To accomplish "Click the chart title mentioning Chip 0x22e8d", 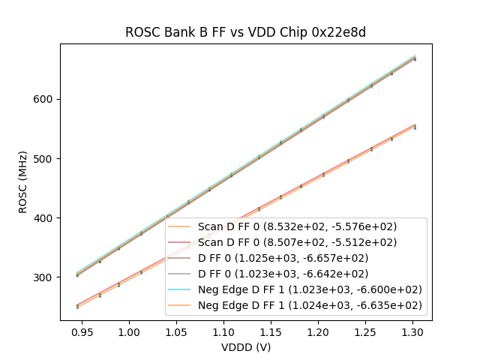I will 245,32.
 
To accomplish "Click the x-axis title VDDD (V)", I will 245,347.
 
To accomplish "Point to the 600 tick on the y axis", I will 45,100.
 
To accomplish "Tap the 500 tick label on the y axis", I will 45,159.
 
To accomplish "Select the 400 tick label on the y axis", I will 45,218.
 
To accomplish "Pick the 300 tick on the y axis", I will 45,277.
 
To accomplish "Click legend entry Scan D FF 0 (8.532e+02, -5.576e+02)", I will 297,226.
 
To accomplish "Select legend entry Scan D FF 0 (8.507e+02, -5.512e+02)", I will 297,242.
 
